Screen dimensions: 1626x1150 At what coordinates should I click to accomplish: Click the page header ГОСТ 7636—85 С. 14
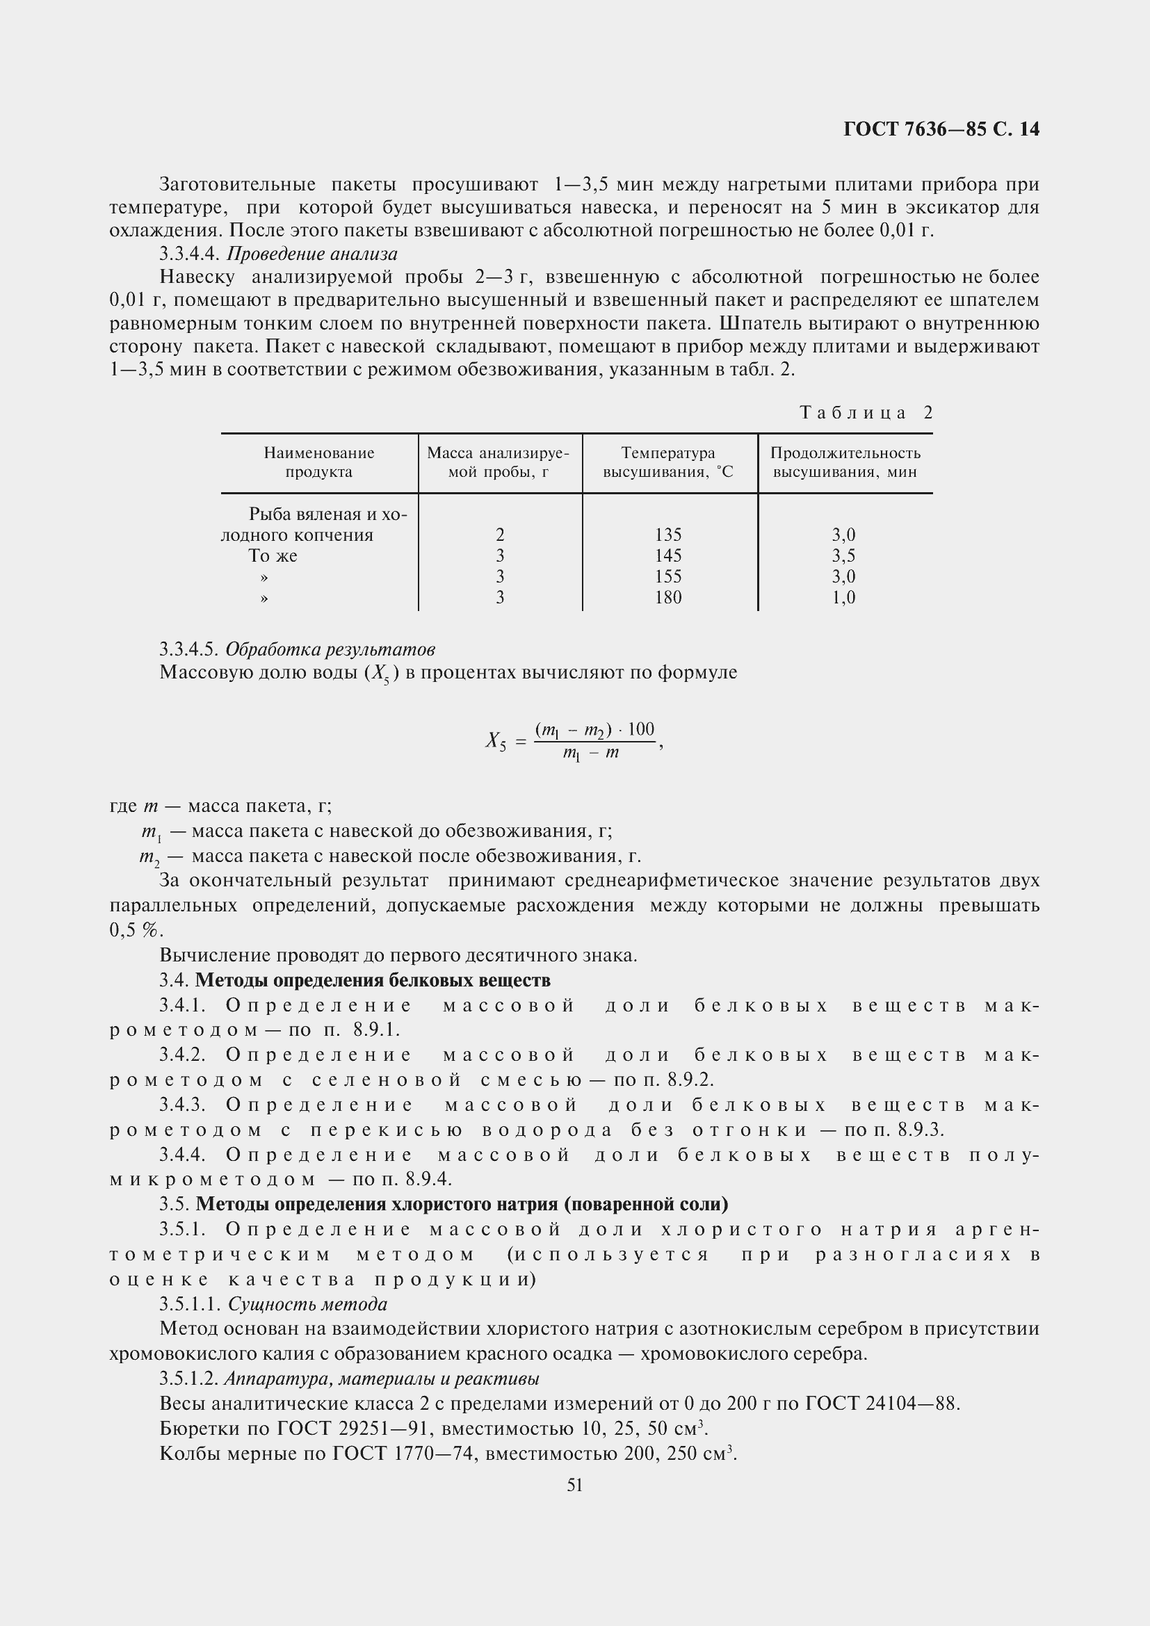[x=941, y=129]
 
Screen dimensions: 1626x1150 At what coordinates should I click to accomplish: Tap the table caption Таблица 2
[x=866, y=413]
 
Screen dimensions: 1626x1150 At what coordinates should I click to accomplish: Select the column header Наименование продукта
[x=318, y=462]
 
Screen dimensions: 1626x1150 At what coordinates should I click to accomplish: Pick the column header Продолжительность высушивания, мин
[x=845, y=462]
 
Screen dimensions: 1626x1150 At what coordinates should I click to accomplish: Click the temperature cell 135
[x=667, y=535]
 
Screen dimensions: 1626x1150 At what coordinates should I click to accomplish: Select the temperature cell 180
[x=667, y=597]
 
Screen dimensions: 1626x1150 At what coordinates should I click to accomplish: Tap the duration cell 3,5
[x=843, y=555]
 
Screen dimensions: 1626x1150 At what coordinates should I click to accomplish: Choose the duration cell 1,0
[x=843, y=597]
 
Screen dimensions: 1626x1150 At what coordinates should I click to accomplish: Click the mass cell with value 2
[x=500, y=535]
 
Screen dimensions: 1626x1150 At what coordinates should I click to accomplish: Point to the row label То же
[x=273, y=556]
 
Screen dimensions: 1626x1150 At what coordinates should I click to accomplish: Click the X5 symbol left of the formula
[x=496, y=741]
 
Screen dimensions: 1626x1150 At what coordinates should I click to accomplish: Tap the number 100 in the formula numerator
[x=641, y=729]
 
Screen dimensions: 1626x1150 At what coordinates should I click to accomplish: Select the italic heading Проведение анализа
[x=311, y=254]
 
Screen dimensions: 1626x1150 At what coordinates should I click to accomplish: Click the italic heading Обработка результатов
[x=330, y=649]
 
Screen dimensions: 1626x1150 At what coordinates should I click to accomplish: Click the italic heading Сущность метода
[x=307, y=1303]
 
